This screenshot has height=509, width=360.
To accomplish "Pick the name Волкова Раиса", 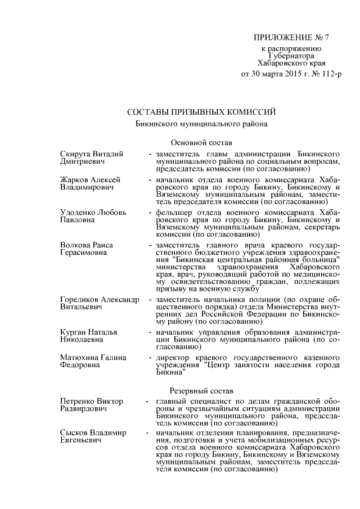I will [87, 245].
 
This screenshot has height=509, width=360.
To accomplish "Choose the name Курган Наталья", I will [88, 332].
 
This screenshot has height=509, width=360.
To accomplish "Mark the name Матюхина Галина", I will [93, 358].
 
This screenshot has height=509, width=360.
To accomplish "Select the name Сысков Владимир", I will [93, 433].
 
